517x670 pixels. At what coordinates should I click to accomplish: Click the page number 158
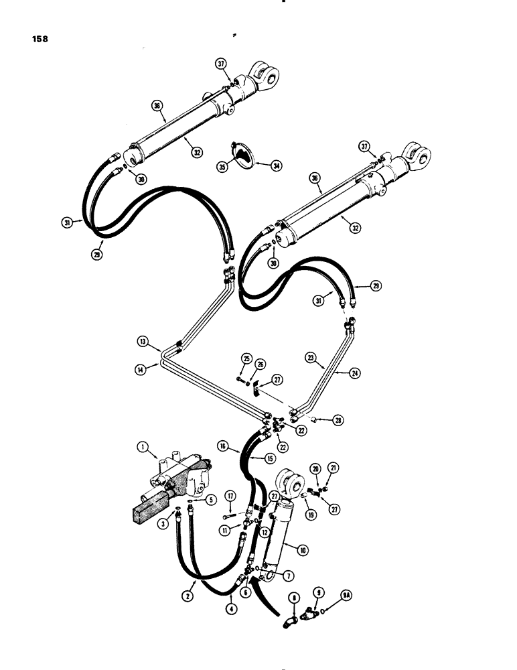[x=38, y=38]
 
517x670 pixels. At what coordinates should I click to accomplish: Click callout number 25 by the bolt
[x=246, y=360]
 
